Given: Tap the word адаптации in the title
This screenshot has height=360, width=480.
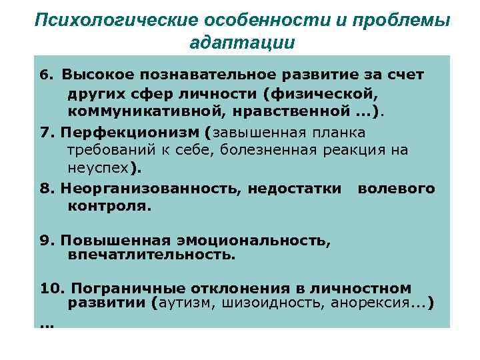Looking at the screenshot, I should click(242, 43).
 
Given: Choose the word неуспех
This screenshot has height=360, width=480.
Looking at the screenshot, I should click(99, 167).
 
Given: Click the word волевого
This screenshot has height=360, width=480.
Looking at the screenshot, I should click(396, 189).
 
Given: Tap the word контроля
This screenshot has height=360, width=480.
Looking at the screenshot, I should click(109, 206).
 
